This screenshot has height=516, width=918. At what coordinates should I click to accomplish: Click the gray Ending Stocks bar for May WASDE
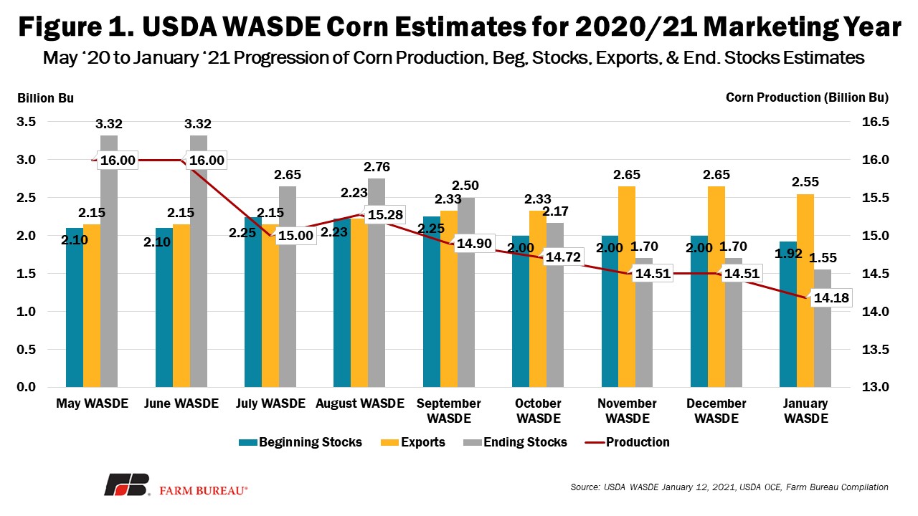[109, 262]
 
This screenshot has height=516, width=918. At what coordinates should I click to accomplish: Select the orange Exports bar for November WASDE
[627, 287]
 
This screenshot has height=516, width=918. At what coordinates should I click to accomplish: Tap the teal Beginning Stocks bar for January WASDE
[788, 315]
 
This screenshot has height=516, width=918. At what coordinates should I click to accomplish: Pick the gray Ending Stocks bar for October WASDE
[555, 305]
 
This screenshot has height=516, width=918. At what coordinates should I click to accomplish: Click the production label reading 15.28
[385, 214]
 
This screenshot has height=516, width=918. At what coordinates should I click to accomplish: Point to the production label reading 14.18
[831, 297]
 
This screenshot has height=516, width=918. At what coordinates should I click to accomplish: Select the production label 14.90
[474, 244]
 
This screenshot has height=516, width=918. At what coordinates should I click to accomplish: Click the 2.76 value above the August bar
[377, 167]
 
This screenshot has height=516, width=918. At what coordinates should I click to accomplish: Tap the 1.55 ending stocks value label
[823, 257]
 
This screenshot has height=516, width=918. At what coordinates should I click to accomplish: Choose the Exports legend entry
[413, 442]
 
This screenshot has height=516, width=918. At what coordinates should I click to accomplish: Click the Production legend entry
[628, 442]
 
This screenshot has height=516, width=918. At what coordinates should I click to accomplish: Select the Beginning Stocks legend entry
[301, 442]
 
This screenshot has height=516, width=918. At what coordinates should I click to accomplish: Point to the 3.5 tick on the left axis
[27, 122]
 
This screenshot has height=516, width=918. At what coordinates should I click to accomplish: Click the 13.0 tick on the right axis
[876, 387]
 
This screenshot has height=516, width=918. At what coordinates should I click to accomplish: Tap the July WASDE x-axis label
[270, 403]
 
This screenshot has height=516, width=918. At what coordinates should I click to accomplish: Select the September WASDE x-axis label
[449, 411]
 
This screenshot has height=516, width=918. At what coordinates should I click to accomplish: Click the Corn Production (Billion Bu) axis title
[808, 97]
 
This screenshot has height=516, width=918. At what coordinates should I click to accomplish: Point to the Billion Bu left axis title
[45, 98]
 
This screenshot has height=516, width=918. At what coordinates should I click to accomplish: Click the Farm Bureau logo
[176, 485]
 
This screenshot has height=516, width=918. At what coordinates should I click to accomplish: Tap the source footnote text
[729, 487]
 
